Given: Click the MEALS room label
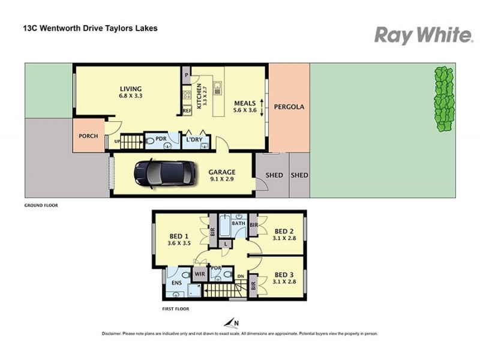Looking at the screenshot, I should click(x=245, y=103).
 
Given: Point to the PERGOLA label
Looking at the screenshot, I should click(x=289, y=107).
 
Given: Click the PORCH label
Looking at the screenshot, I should click(x=88, y=136).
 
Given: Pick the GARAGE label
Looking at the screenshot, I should click(x=222, y=172).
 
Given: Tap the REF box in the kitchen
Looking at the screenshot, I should click(x=187, y=111).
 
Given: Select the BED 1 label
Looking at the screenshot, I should click(x=178, y=236).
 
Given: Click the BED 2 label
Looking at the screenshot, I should click(x=283, y=231).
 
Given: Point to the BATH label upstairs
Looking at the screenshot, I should click(x=239, y=223).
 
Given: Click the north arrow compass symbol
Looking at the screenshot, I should click(x=230, y=323).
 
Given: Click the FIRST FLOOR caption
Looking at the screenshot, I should click(x=175, y=308).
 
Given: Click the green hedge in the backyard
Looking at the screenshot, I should click(x=443, y=99).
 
